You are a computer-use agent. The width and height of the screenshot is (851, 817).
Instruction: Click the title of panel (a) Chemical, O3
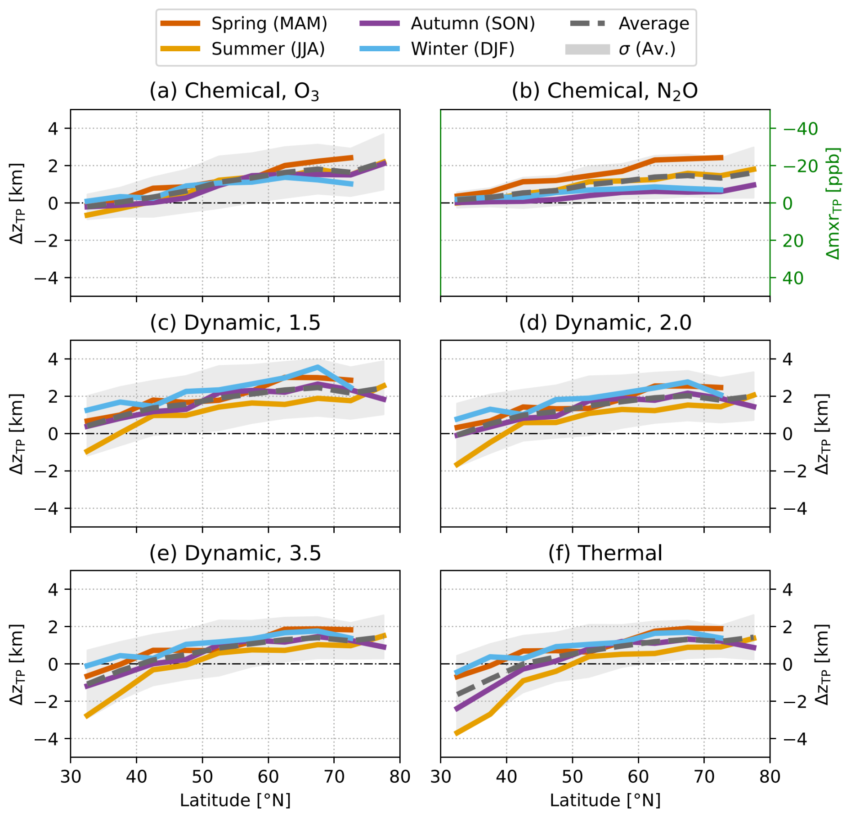click(x=234, y=91)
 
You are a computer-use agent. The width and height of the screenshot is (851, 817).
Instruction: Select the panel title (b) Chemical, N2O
click(x=605, y=91)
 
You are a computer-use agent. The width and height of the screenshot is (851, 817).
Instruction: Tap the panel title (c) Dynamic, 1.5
click(x=235, y=323)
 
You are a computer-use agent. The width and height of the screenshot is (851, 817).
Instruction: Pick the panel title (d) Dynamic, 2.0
click(x=605, y=323)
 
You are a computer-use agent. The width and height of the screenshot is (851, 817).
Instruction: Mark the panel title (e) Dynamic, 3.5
click(x=235, y=553)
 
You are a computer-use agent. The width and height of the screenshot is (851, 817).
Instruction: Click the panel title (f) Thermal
click(x=605, y=553)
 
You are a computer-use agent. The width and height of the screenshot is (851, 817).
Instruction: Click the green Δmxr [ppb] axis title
click(x=833, y=203)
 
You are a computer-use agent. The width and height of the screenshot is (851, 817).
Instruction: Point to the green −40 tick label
click(x=800, y=129)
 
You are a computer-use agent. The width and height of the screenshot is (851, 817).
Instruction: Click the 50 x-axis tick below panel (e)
click(x=202, y=777)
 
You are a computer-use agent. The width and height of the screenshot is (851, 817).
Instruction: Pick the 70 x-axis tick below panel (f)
click(x=704, y=777)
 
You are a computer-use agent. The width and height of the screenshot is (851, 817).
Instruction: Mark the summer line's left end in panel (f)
click(x=457, y=734)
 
